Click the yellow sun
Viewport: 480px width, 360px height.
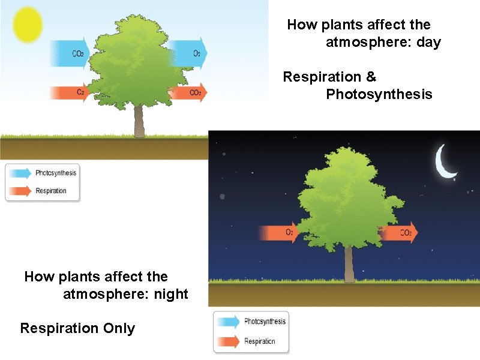coord(28,25)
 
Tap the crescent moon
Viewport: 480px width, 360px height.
coord(445,163)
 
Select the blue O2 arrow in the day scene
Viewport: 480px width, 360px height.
coord(187,52)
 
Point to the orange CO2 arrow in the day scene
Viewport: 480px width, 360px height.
coord(188,92)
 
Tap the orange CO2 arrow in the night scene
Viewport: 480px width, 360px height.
coord(400,232)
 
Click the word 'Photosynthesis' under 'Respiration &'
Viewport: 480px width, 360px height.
coord(379,95)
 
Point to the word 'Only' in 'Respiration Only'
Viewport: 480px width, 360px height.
coord(119,329)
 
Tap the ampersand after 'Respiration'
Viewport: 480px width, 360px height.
coord(370,77)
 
